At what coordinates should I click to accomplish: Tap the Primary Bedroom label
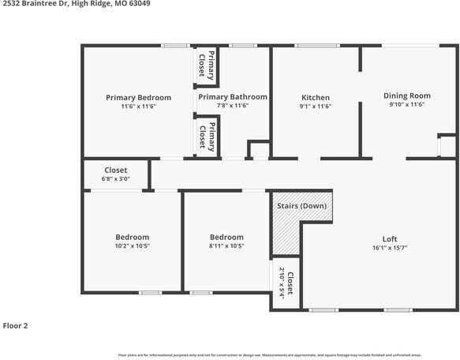(x=138, y=97)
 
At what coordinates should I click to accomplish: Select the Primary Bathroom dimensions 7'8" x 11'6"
(x=232, y=106)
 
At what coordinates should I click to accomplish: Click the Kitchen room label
(x=316, y=97)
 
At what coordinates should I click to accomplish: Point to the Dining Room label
(x=406, y=96)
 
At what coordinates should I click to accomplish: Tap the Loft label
(x=390, y=239)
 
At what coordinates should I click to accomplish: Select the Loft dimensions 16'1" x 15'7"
(x=390, y=248)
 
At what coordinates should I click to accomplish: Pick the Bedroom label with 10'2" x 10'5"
(x=132, y=237)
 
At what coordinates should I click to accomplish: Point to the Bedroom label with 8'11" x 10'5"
(x=226, y=237)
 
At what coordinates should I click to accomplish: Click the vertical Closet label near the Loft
(x=290, y=284)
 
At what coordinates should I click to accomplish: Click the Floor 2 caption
(x=16, y=325)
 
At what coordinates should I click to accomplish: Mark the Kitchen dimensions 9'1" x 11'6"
(x=316, y=106)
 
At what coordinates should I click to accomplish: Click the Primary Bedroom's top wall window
(x=174, y=46)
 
